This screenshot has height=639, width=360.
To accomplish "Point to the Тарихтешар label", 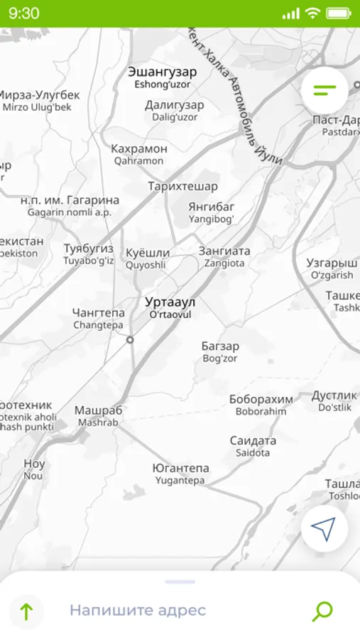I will click(x=182, y=187).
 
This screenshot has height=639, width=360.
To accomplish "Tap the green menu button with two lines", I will click(x=324, y=90).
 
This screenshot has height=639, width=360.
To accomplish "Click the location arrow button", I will click(x=324, y=528).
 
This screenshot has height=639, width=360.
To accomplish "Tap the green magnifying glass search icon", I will click(x=322, y=611).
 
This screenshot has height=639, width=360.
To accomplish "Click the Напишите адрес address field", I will click(x=138, y=610).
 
